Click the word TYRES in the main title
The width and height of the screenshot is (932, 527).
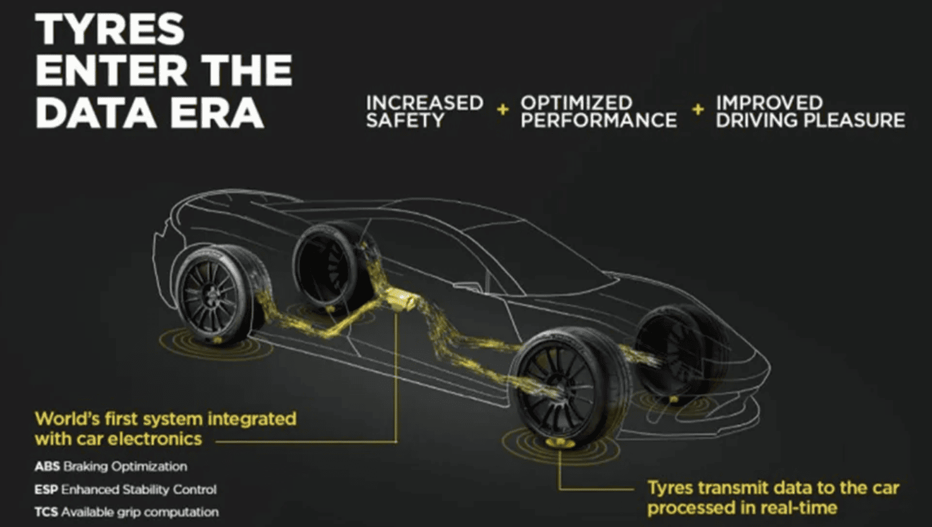(110, 29)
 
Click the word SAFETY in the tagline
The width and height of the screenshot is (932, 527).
(406, 120)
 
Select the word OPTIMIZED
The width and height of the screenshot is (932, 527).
(576, 103)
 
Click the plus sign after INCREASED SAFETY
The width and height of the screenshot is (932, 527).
(503, 110)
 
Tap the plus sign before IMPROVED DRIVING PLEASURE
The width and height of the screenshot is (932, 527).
(698, 110)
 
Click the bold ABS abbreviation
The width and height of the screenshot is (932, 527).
(47, 466)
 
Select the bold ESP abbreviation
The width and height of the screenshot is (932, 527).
(46, 490)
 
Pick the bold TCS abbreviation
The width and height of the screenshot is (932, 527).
(46, 512)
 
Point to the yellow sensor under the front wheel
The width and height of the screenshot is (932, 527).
(559, 443)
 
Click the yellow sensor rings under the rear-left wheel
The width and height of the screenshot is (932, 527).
(216, 342)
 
